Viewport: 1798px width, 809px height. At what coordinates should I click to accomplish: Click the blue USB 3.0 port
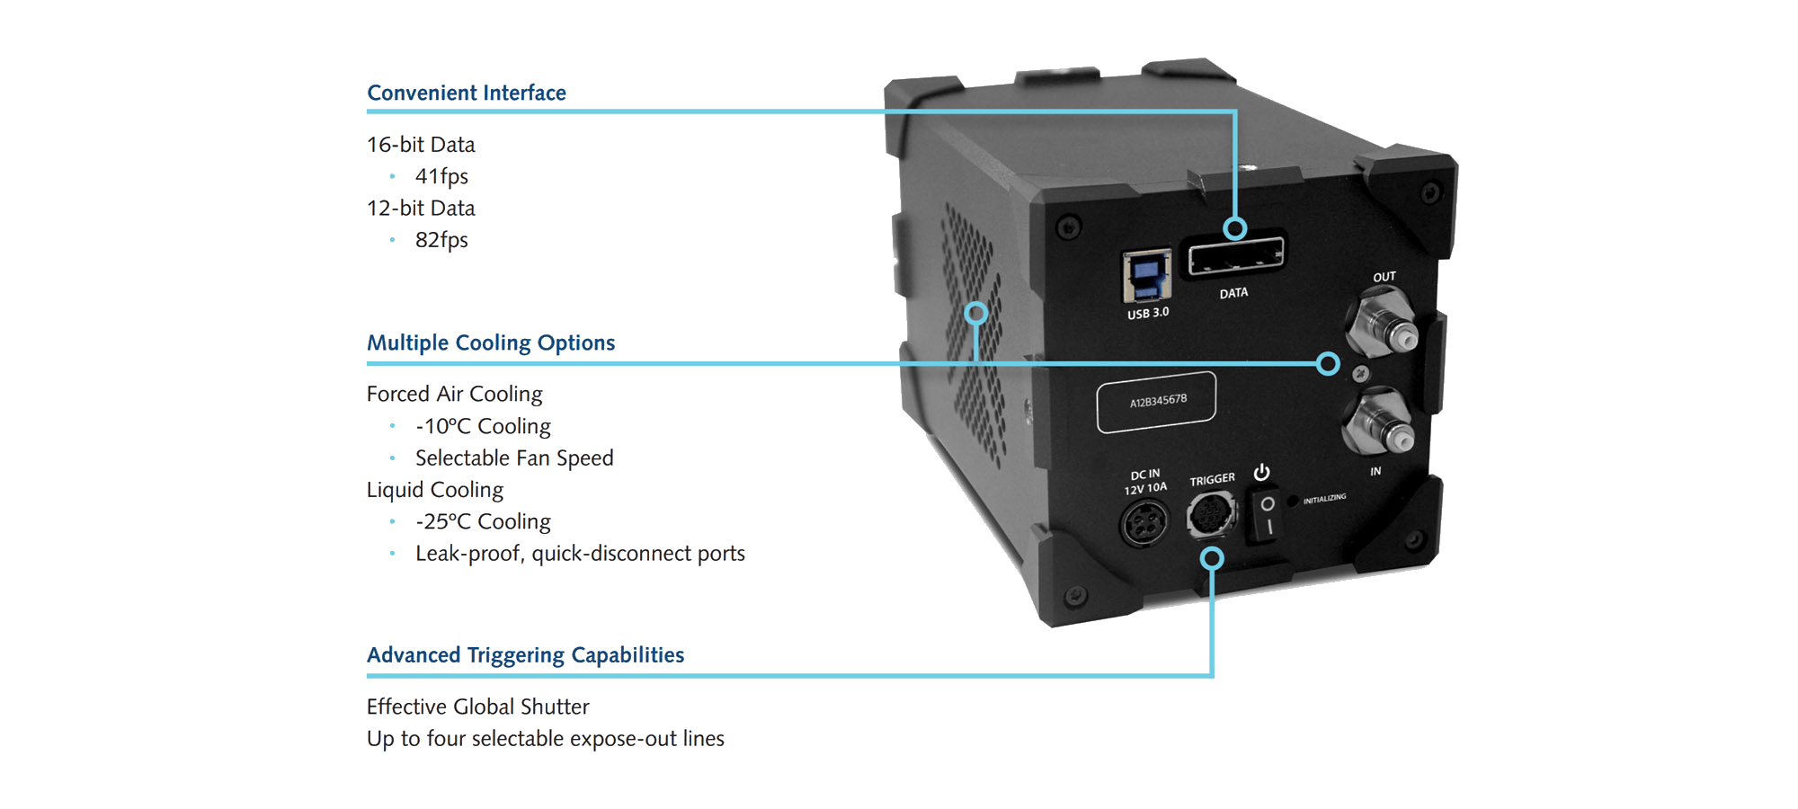coord(1146,277)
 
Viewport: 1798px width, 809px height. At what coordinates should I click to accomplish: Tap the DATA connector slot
coord(1233,259)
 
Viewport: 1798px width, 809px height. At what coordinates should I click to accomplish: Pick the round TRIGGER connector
coord(1211,515)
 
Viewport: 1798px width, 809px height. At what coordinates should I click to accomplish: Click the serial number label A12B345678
coord(1158,401)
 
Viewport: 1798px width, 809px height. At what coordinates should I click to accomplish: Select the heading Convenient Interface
coord(467,93)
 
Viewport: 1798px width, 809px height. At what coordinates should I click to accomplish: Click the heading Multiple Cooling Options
coord(491,342)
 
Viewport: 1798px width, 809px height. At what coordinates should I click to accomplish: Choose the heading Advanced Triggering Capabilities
coord(525,654)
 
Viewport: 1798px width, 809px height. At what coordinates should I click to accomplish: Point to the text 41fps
coord(441,176)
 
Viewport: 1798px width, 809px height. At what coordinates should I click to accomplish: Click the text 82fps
coord(441,240)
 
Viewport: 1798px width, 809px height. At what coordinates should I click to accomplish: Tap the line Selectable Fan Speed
coord(514,458)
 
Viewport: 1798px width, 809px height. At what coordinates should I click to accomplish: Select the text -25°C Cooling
coord(483,521)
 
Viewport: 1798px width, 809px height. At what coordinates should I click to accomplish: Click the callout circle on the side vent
coord(976,313)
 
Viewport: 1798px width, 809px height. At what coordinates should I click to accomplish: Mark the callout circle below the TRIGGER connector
coord(1212,558)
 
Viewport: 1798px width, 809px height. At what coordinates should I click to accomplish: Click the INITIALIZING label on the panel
coord(1324,498)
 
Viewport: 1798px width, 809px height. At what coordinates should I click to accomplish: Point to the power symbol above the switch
coord(1262,472)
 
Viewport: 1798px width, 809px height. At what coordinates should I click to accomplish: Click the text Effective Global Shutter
coord(477,707)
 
